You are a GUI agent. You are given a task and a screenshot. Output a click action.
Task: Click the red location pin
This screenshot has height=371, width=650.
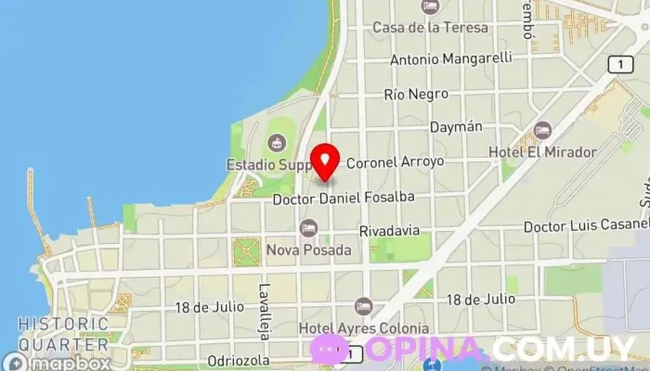point(324,161)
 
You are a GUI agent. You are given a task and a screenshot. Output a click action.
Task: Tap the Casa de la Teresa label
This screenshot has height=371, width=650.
point(430,28)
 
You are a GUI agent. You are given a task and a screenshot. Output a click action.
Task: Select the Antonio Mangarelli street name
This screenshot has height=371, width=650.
point(450,58)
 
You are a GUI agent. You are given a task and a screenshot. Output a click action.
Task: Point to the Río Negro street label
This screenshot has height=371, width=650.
point(416,94)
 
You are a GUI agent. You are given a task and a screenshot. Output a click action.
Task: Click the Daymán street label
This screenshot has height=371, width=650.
point(456,126)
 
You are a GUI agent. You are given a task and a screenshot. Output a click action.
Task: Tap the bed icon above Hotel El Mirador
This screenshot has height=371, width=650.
point(542,130)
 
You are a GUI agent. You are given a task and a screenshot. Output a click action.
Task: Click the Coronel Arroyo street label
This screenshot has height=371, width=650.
point(395,161)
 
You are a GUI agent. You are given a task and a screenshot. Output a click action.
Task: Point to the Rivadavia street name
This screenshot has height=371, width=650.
point(388,230)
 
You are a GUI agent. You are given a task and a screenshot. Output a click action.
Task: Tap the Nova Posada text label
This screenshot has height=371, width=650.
point(308,250)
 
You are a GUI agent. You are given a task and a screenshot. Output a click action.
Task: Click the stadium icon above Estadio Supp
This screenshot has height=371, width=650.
point(275,143)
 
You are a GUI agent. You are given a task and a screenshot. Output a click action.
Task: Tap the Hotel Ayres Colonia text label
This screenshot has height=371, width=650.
point(363,327)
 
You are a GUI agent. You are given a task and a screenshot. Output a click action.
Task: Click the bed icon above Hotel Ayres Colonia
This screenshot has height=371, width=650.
point(363,306)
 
